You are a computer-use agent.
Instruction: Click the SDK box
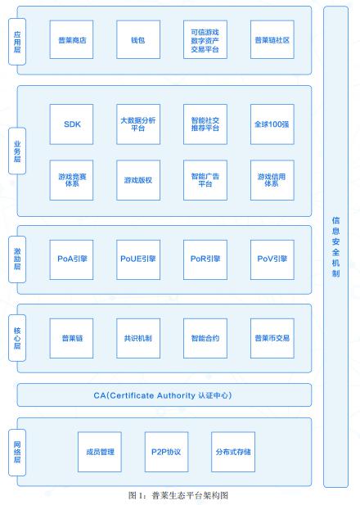pos(71,124)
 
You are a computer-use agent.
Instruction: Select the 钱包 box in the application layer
pos(138,39)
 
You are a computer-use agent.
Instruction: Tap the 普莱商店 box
pos(71,39)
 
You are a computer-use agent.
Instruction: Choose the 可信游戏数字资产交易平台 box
pos(205,39)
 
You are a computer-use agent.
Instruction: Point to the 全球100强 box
pos(272,124)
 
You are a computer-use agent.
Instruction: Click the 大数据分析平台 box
pos(138,124)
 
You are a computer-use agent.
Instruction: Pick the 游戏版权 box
pos(138,180)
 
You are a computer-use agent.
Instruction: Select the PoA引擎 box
pos(71,259)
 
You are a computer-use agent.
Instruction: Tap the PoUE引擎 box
pos(138,259)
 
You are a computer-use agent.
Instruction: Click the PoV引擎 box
pos(272,259)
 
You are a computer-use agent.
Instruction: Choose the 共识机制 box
pos(138,338)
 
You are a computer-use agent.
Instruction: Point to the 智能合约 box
pos(205,338)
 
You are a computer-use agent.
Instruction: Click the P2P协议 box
pos(166,452)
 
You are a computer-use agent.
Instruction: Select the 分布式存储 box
pos(233,452)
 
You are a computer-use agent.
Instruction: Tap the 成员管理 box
pos(100,452)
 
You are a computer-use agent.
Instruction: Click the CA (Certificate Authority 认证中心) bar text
pos(163,395)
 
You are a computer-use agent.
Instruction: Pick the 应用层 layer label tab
pos(17,42)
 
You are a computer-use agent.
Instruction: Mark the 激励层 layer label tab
pos(17,259)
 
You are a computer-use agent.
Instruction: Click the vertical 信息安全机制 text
pos(335,247)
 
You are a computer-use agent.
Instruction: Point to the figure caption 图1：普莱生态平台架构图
pos(178,495)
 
